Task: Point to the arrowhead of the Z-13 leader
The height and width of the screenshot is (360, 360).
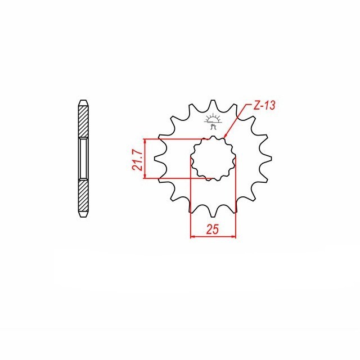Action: coord(225,137)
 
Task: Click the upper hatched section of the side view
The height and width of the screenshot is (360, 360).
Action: coord(83,121)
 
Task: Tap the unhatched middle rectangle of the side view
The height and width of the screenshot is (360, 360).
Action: coord(83,159)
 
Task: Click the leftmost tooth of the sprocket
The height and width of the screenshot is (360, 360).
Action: coord(159,159)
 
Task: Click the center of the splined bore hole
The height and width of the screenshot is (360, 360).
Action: coord(213,159)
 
